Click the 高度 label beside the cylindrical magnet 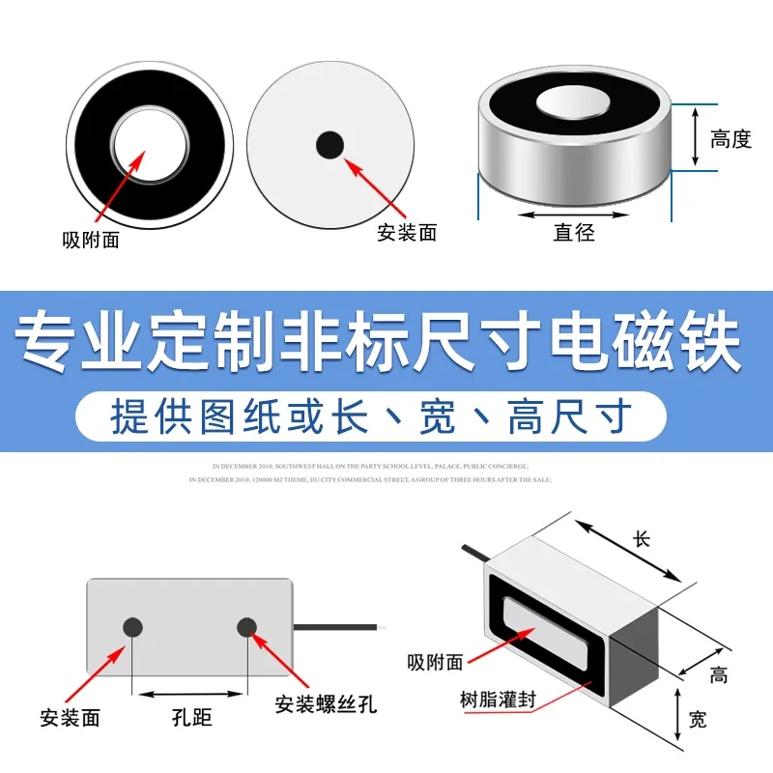point(730,139)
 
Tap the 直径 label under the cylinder point(574,232)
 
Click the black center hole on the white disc point(329,145)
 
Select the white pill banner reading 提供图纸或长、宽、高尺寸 point(372,417)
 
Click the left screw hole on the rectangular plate point(132,627)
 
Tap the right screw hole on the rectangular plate point(247,627)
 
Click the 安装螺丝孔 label point(326,704)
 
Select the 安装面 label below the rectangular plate point(71,718)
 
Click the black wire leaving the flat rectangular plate point(338,627)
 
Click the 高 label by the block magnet point(718,675)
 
